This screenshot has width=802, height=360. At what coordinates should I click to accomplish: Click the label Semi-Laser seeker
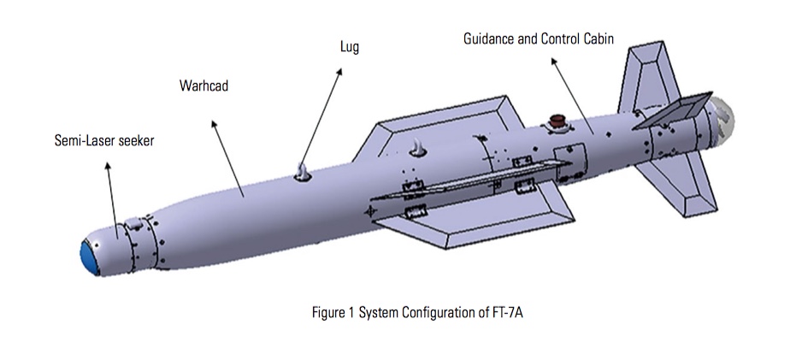coord(104,140)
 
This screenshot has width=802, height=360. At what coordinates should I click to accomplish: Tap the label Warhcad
coord(203,86)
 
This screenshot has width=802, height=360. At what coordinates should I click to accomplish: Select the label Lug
coord(350,48)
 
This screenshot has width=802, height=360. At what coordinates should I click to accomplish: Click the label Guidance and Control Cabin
coord(539,39)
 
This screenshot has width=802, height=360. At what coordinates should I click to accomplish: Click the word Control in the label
coord(560,39)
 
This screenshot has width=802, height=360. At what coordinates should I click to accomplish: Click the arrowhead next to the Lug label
coord(340,72)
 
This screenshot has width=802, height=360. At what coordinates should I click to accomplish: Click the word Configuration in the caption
coord(444,313)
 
